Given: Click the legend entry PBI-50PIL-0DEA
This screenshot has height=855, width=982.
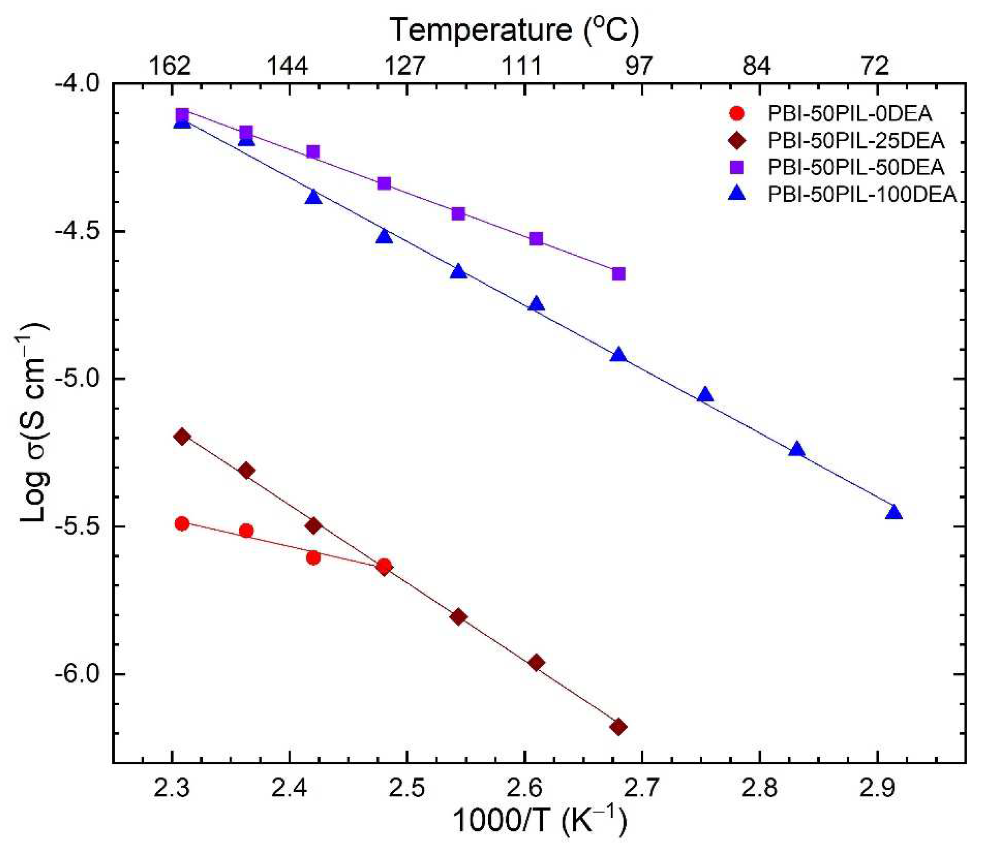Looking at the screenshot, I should tap(849, 114).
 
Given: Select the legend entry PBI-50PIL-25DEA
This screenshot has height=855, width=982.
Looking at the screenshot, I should tap(856, 140).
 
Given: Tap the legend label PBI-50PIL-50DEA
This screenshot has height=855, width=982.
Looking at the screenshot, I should tap(856, 167).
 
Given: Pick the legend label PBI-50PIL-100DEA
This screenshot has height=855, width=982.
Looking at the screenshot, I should tap(862, 194).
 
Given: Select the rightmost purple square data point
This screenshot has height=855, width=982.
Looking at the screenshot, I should tap(619, 274).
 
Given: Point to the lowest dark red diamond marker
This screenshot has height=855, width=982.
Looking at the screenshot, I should tap(619, 727).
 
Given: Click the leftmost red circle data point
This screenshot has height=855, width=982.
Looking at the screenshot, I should tap(182, 524).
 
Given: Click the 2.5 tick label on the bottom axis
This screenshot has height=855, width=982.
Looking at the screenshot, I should tap(406, 788).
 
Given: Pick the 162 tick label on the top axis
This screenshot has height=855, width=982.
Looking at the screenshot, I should tap(170, 66).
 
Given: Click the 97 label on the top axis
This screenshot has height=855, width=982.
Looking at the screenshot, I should tap(638, 66).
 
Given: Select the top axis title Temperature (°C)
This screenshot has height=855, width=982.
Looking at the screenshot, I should tap(514, 30).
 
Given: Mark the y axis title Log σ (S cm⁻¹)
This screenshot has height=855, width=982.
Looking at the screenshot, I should tap(34, 422).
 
